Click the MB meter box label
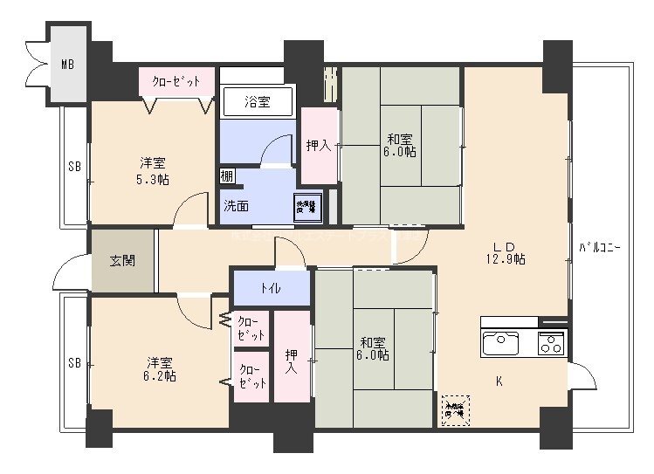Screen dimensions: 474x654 tap(67, 64)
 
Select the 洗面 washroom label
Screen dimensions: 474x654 tap(236, 207)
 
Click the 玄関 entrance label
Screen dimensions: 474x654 tap(122, 260)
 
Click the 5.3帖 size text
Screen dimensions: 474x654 tap(153, 179)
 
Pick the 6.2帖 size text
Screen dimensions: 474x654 tap(160, 376)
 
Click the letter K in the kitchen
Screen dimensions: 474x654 tap(499, 381)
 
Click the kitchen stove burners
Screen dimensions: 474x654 tap(551, 342)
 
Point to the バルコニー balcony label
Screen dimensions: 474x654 tap(600, 249)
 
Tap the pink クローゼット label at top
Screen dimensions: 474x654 tap(176, 81)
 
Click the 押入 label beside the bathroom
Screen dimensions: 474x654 tap(318, 146)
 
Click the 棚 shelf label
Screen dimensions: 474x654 tap(226, 175)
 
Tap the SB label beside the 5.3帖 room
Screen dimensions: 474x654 tap(74, 165)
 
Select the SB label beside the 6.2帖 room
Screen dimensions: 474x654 tap(74, 362)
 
